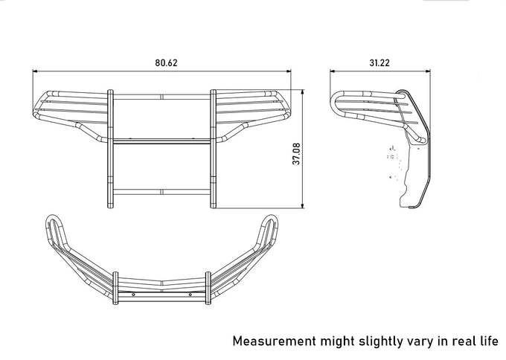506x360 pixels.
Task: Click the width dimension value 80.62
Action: pos(166,62)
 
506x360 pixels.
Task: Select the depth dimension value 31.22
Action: pos(379,62)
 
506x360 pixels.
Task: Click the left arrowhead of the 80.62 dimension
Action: pos(35,71)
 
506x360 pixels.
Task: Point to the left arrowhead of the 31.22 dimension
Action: pos(333,71)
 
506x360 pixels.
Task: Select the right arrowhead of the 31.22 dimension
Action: pos(429,71)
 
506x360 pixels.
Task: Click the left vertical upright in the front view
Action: pos(111,149)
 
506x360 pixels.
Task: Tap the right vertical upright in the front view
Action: pos(215,149)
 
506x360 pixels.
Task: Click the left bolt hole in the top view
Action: pos(133,295)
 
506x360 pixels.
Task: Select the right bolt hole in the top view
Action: pos(190,295)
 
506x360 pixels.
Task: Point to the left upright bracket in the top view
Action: pos(115,287)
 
